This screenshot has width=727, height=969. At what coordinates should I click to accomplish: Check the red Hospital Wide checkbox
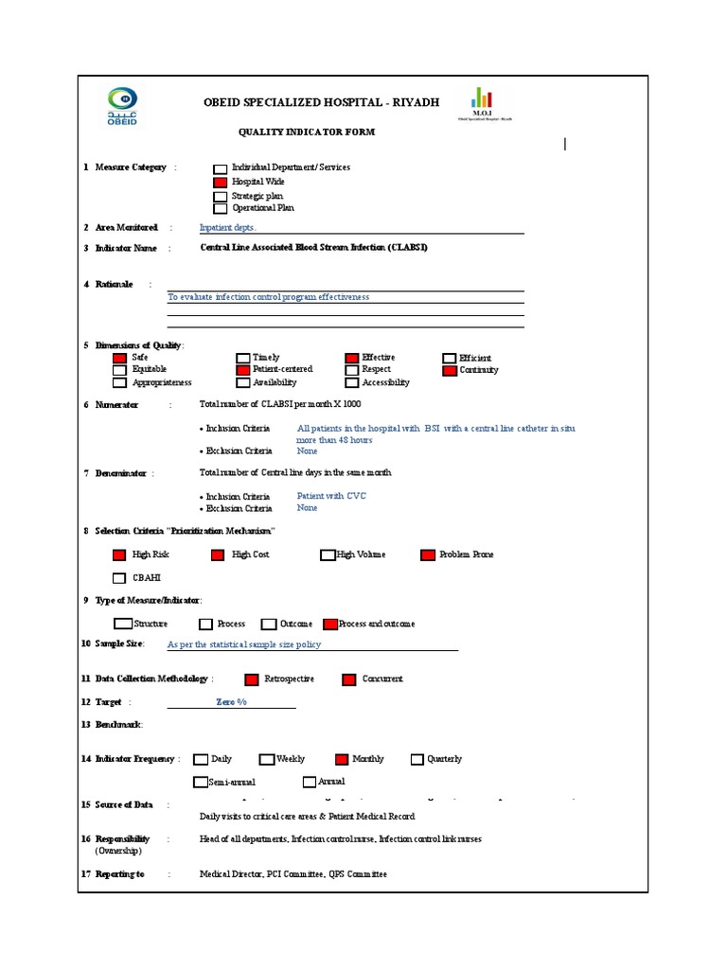(221, 182)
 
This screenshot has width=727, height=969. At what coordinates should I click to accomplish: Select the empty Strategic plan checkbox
(221, 196)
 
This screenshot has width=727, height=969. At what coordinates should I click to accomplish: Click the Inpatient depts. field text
(227, 228)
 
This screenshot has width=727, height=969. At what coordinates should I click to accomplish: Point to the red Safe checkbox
(119, 358)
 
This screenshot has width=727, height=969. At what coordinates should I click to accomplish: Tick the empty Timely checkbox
(242, 358)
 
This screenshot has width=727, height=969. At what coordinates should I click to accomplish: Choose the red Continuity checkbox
(450, 370)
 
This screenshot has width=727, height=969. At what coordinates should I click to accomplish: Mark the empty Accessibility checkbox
(352, 382)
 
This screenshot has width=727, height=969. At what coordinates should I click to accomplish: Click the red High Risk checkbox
(119, 555)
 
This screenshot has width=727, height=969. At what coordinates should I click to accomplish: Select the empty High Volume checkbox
(328, 555)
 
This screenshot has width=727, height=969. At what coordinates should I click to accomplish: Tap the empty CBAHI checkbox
(119, 578)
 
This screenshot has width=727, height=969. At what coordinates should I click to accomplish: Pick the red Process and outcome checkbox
(330, 624)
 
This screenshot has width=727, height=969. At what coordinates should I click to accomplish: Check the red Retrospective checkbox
(252, 678)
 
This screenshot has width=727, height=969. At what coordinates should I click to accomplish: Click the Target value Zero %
(231, 702)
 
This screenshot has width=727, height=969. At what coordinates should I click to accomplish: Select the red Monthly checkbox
(342, 759)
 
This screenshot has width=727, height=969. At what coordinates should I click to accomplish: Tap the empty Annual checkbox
(310, 782)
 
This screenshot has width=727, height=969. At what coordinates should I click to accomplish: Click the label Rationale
(114, 284)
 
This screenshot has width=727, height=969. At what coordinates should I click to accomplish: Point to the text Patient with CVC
(331, 496)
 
